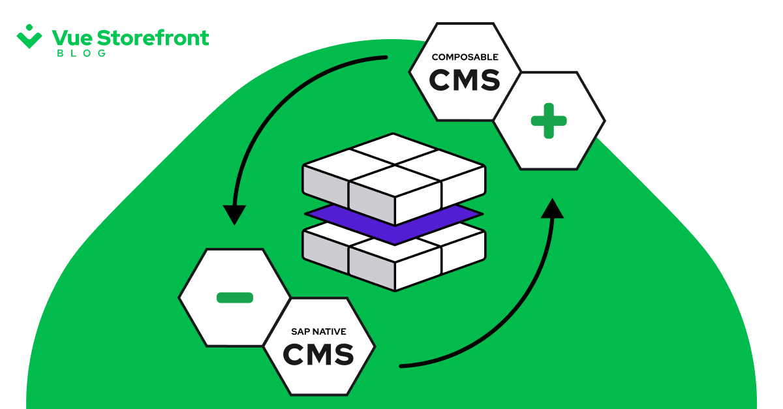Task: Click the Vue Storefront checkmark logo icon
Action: [29, 37]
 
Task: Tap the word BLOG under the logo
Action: [82, 53]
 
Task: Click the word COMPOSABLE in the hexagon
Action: [465, 57]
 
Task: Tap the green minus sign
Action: [234, 297]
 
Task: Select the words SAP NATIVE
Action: [319, 332]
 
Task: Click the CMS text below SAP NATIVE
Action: [319, 355]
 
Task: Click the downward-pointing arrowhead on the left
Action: [234, 215]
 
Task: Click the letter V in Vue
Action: [59, 38]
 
